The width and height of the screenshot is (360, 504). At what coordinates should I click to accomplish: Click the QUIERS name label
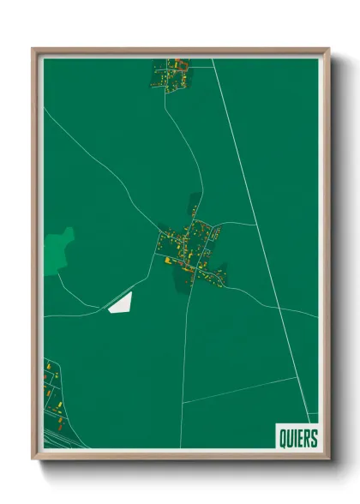(297, 437)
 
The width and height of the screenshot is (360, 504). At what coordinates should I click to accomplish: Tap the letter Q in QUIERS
(283, 437)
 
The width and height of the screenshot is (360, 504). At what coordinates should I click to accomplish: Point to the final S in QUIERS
(313, 437)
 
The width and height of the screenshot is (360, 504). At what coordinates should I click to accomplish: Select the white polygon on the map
(121, 303)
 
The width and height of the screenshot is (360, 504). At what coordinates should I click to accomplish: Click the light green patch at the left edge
(58, 249)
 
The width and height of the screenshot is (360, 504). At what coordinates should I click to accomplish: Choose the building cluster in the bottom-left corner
(54, 394)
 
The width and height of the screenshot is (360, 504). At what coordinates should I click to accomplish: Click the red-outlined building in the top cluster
(180, 63)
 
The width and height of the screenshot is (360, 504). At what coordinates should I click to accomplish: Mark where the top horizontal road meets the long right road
(213, 60)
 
